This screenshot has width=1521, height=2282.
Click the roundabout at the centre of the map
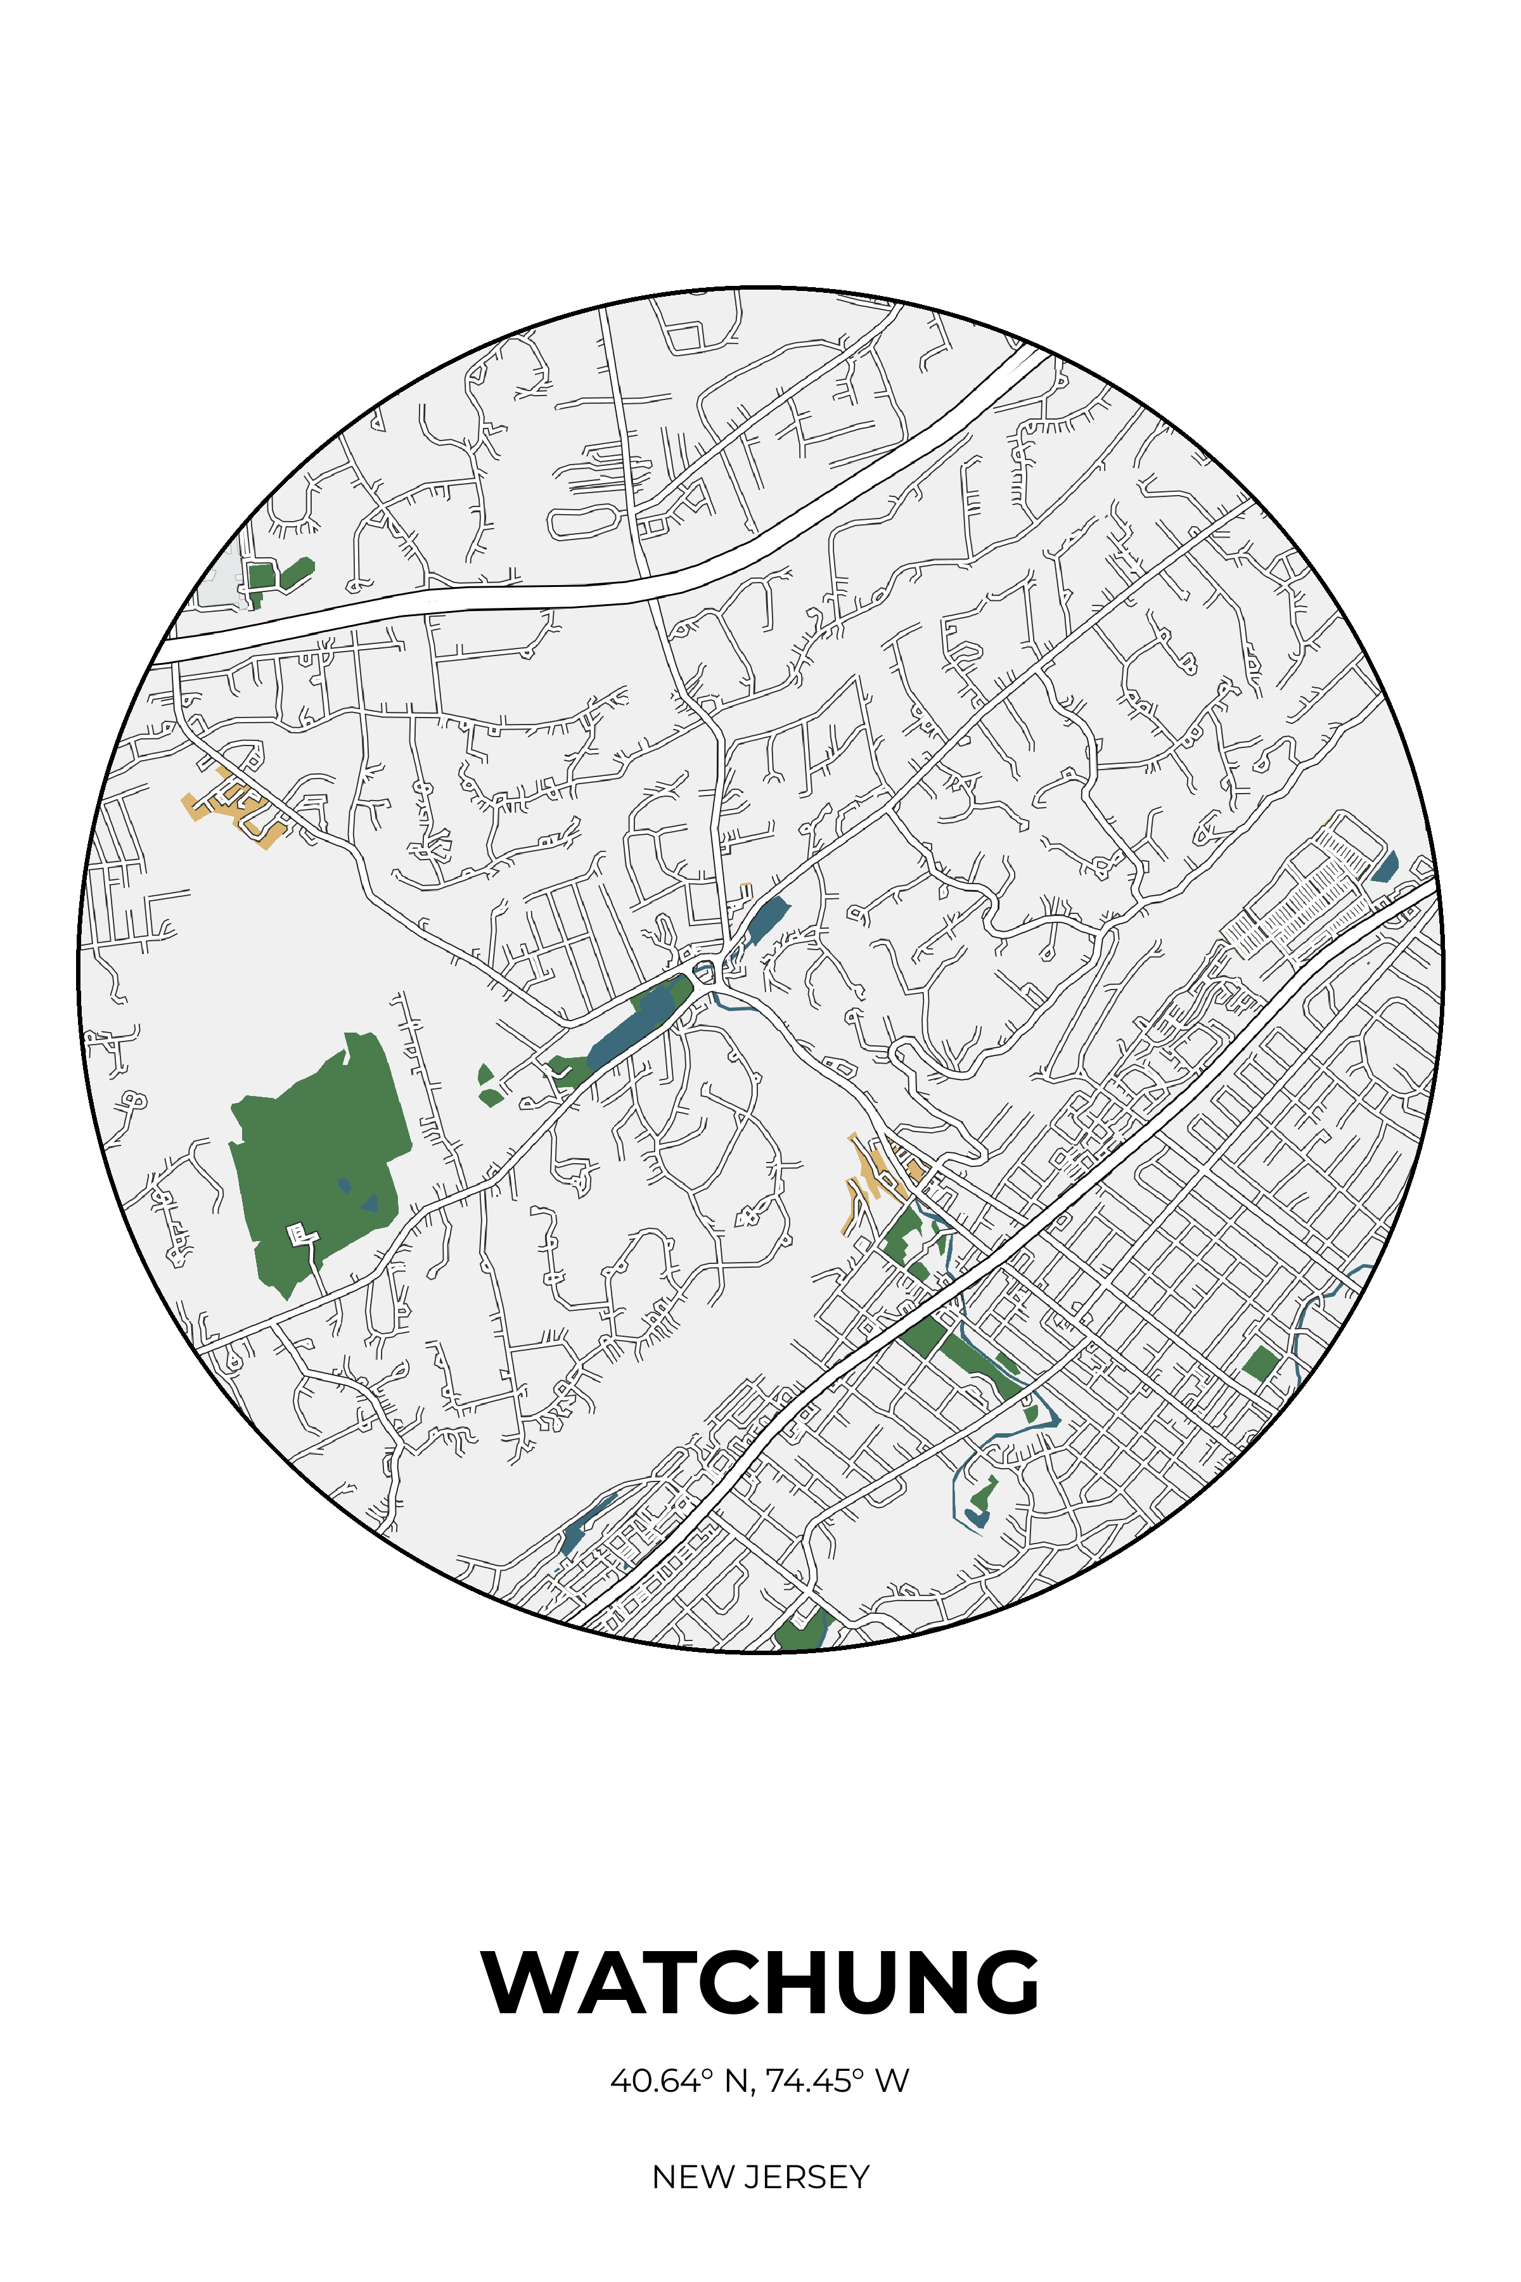[x=705, y=969]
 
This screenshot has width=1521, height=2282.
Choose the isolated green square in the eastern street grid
[x=1260, y=1363]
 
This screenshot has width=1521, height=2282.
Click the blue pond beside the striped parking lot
[x=1386, y=867]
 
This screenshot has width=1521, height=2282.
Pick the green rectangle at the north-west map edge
[x=261, y=576]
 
